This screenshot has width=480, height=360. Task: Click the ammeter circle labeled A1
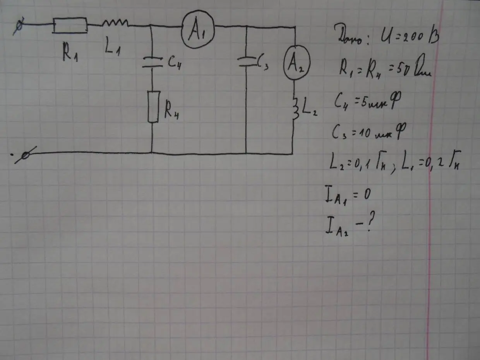coord(197,29)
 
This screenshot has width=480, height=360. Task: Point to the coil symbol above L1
coord(115,24)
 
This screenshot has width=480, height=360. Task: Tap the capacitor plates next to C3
coord(246,62)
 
